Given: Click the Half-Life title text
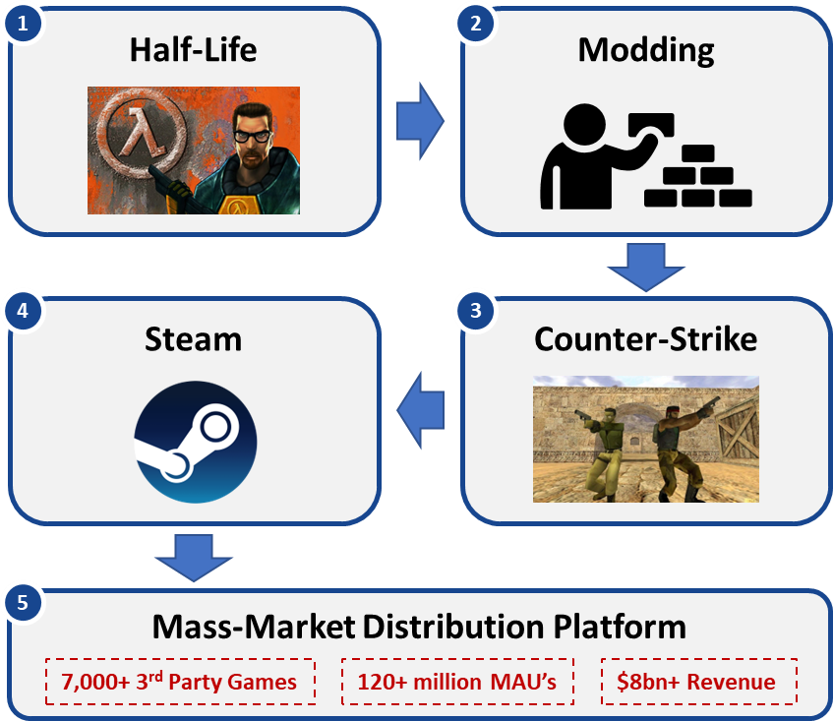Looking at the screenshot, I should click(x=193, y=49).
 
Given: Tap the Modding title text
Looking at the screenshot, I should click(x=645, y=49).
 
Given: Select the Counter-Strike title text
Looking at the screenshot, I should click(x=645, y=339).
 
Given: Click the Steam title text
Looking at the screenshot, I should click(x=193, y=339).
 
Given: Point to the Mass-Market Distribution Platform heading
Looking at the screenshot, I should click(x=419, y=627).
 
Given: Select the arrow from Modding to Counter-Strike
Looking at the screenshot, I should click(x=645, y=267).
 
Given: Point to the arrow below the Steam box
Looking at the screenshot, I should click(x=193, y=556).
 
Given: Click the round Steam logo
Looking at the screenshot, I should click(x=195, y=442).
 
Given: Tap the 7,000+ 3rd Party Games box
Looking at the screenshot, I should click(x=179, y=682).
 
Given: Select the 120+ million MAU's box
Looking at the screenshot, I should click(x=457, y=682).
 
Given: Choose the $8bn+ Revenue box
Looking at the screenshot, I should click(x=698, y=682).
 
